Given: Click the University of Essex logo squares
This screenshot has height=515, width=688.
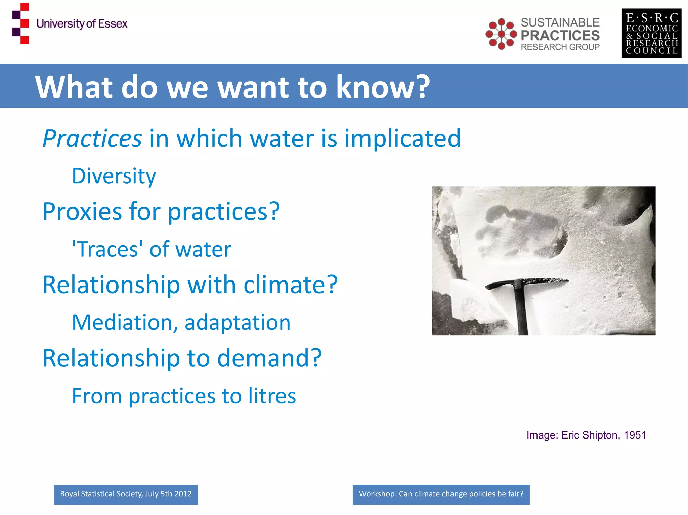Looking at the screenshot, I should coord(21,23).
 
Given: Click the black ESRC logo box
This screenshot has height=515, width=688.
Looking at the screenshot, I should coord(651,33).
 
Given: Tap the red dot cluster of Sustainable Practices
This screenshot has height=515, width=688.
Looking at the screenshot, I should coord(501,34).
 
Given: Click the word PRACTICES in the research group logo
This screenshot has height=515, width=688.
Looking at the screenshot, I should coord(560,35).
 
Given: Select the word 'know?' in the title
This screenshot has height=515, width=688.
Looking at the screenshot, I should coord(383,87).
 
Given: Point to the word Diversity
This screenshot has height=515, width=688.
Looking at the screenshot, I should coord(114,176).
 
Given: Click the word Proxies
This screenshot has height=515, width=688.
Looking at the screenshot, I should coord(82,212).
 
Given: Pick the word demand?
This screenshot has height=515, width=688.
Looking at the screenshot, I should coord(269,358).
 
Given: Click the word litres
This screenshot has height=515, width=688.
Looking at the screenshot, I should coord(272,396).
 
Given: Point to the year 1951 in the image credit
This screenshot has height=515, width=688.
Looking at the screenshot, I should coord(635,435).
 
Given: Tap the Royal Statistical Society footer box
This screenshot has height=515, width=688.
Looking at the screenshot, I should coord(126,494).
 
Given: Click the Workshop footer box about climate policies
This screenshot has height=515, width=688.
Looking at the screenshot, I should coord(441,494).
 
